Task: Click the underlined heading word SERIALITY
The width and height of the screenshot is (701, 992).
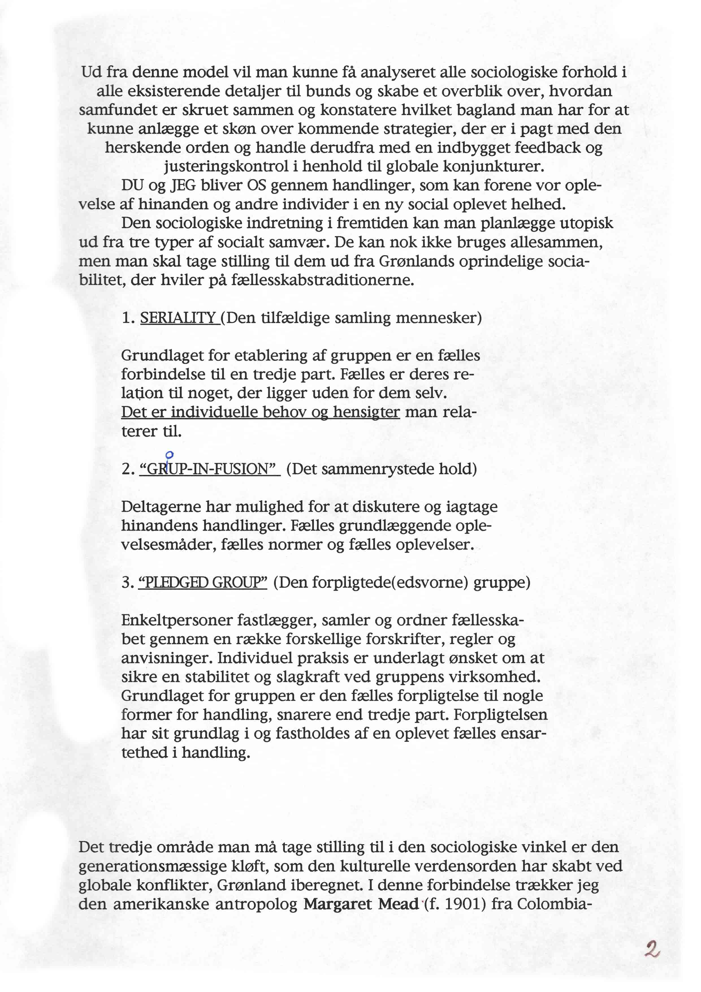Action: pyautogui.click(x=178, y=318)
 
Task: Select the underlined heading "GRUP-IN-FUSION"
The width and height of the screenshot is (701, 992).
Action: pyautogui.click(x=209, y=469)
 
